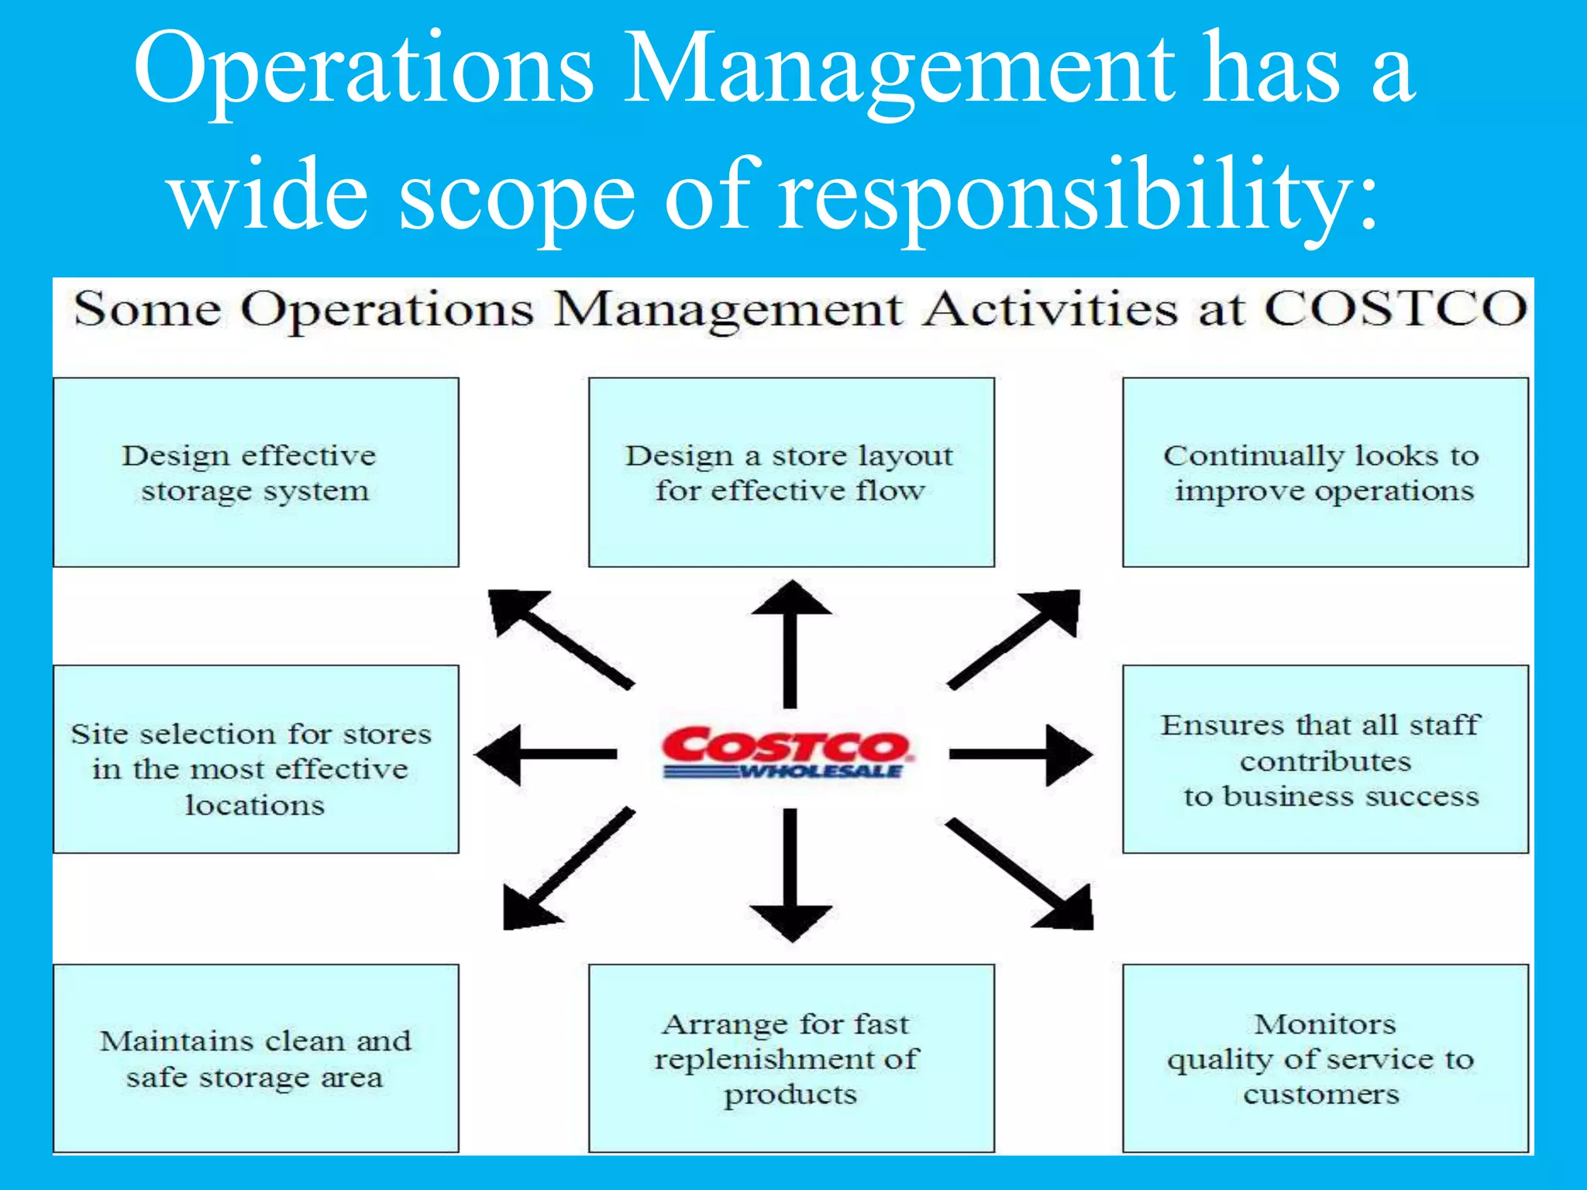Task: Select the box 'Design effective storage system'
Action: (x=256, y=473)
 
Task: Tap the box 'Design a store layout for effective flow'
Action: (x=791, y=473)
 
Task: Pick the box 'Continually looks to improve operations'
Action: (x=1325, y=473)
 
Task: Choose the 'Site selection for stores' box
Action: (x=256, y=759)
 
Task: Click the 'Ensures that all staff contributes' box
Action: (x=1325, y=759)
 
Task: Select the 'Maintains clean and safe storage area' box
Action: (x=256, y=1058)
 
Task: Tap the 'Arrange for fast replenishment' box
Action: (x=791, y=1058)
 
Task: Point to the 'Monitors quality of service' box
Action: (x=1325, y=1058)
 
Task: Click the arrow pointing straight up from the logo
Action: (x=790, y=643)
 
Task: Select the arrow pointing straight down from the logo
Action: (x=790, y=875)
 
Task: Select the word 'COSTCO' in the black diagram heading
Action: (x=1395, y=310)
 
